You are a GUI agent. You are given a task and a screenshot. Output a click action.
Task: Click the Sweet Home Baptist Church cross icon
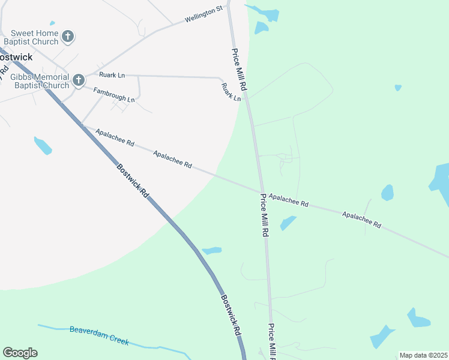coord(68,36)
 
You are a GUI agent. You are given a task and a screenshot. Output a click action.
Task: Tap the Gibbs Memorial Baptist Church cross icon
coord(78,80)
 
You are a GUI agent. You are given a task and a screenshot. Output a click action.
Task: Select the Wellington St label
coord(203,14)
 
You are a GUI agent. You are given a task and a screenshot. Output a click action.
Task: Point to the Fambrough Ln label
coord(114,94)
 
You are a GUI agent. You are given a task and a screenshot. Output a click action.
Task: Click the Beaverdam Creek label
coord(99,335)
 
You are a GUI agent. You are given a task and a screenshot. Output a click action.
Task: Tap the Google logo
coord(20,353)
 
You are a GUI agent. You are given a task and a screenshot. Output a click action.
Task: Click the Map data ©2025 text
coord(424,355)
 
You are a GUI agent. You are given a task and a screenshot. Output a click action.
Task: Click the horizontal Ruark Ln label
coord(112,75)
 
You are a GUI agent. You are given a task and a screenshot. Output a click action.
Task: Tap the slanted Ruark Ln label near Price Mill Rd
coord(231,92)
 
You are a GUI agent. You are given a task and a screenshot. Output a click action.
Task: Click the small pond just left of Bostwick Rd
coord(43,145)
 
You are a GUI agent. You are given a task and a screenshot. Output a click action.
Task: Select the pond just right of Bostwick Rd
coord(212,250)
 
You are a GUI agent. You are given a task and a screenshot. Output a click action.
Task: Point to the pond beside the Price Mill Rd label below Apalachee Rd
coord(288,223)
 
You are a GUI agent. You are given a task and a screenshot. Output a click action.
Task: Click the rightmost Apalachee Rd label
coord(361,219)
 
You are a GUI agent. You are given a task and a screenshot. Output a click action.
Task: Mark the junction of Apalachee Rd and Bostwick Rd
coord(83,125)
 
